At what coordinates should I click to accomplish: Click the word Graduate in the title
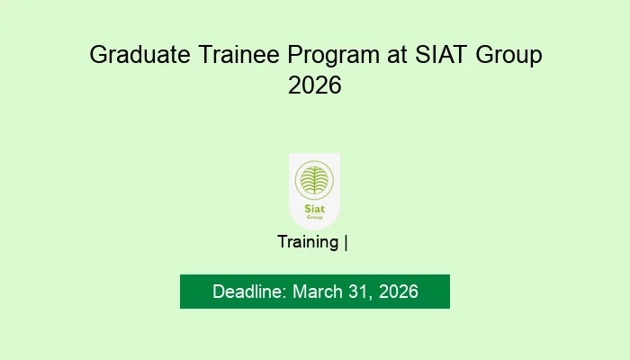coord(139,55)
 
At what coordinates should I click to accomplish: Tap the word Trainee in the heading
coord(238,54)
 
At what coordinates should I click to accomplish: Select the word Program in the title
coord(334,56)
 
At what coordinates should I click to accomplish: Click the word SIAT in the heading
coord(441,54)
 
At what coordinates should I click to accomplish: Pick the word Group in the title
coord(508,56)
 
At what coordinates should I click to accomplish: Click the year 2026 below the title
coord(315,85)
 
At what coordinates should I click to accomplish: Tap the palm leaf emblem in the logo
coord(314,180)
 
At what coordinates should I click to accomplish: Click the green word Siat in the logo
coord(315,209)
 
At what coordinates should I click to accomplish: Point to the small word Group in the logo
coord(315,217)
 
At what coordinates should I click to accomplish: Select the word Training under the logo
coord(308,243)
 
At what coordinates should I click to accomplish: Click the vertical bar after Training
coord(346,243)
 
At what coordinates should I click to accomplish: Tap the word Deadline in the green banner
coord(249,292)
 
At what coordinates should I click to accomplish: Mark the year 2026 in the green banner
coord(398,292)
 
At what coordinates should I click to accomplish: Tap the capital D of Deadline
coord(218,292)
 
